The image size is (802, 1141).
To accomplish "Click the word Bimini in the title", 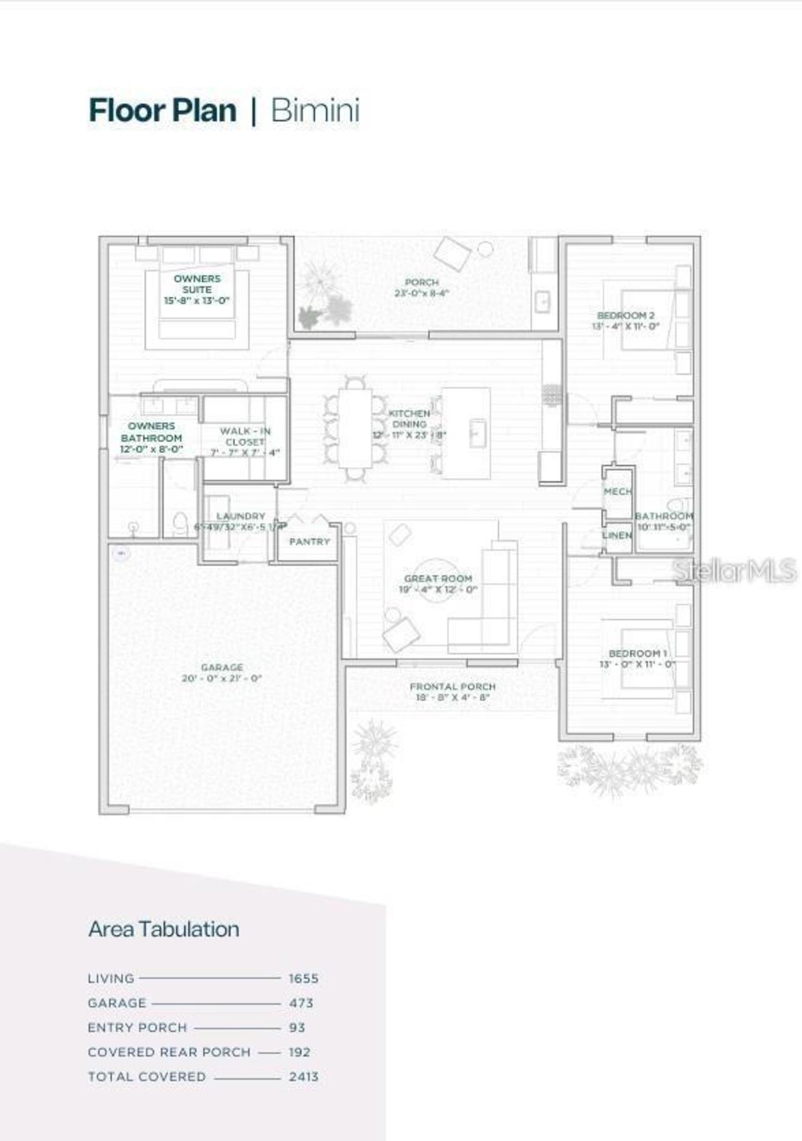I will point(315,111).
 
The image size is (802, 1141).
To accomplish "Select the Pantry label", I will point(310,542).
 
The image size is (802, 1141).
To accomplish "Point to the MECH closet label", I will point(618,492).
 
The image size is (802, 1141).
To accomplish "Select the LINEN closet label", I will point(617,535).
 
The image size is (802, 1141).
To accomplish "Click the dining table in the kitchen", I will point(355,428).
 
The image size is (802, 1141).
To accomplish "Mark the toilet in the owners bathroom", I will point(180,523).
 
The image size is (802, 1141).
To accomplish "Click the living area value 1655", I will point(304,978).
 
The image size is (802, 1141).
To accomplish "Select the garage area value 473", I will point(301,1003).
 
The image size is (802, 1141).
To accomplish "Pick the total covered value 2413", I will point(304,1076).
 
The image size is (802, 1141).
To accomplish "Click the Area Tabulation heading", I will point(164,929).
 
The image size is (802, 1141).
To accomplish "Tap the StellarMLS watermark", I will point(734,570).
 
